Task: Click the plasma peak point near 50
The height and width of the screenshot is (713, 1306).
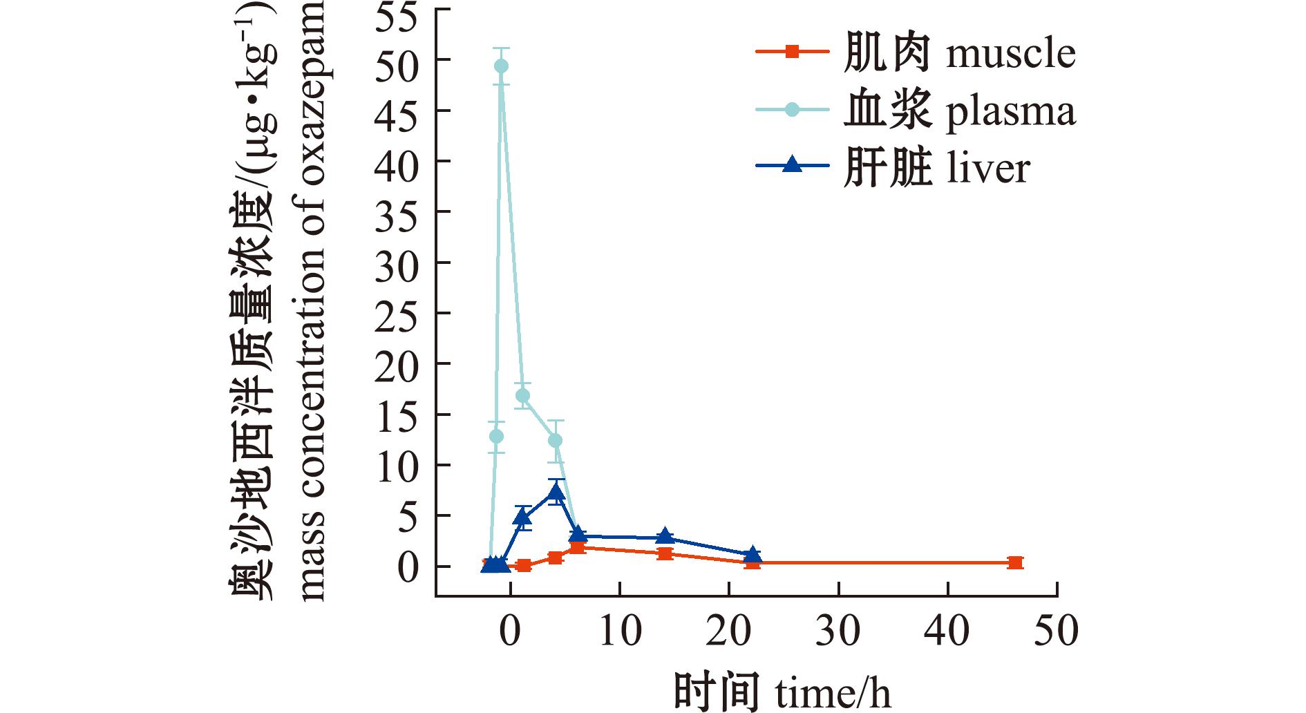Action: tap(501, 66)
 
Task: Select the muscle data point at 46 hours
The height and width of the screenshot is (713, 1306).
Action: tap(1014, 562)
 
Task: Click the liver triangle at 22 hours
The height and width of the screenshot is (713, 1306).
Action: tap(753, 555)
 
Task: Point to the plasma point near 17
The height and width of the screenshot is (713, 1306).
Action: tap(523, 396)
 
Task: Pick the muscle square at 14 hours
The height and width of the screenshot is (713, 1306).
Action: tap(665, 553)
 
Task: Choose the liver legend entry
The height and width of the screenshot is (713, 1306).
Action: tap(936, 168)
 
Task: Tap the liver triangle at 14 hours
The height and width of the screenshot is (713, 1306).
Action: tap(665, 537)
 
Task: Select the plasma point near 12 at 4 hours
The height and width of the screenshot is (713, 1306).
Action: tap(556, 441)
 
